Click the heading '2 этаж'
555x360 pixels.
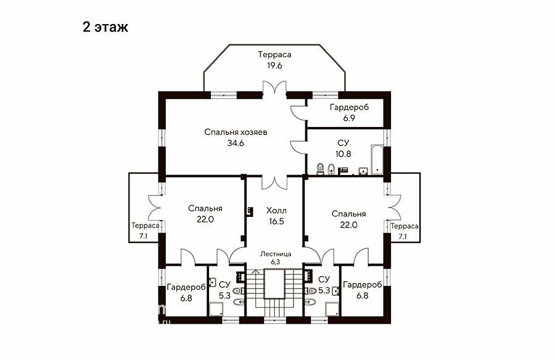coord(105,27)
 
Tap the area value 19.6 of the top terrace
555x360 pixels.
coord(274,65)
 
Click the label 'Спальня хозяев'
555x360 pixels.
coord(236,132)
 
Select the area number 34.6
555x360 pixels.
coord(236,143)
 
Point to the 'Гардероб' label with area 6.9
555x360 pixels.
coord(349,107)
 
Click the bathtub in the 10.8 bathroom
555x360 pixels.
coord(377,160)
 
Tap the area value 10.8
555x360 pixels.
coord(343,154)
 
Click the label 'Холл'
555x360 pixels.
coord(276,211)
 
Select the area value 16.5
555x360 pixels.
coord(276,221)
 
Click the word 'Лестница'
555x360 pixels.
coord(276,254)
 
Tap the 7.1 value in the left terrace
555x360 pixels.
coord(143,237)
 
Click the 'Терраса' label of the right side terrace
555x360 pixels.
coord(405,226)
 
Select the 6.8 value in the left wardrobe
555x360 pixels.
coord(186,298)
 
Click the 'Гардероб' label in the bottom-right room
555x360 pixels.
coord(363,285)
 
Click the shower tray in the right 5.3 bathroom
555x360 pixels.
coord(332,309)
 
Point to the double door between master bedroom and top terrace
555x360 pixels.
coord(274,88)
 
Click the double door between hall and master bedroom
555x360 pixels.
coord(273,182)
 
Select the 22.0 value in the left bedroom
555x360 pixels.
coord(205,219)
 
